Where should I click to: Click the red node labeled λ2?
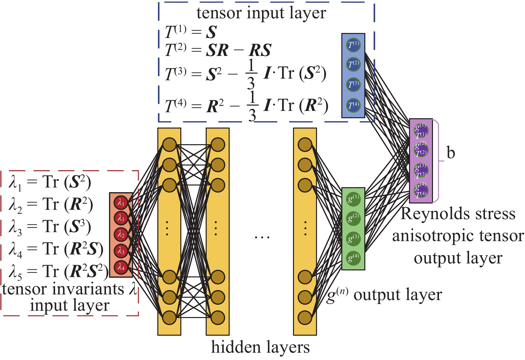point(121,235)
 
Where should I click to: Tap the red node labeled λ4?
point(121,267)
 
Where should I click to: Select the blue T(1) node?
point(353,45)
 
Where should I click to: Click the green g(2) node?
point(353,218)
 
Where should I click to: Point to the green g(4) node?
point(353,258)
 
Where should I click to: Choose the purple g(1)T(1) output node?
point(421,130)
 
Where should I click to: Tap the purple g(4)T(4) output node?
point(421,190)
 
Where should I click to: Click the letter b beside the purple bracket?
point(451,153)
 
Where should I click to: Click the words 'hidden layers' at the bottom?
point(260,347)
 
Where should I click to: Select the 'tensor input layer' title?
point(261,13)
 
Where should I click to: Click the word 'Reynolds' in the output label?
point(431,214)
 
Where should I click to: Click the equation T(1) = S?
point(191,32)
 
